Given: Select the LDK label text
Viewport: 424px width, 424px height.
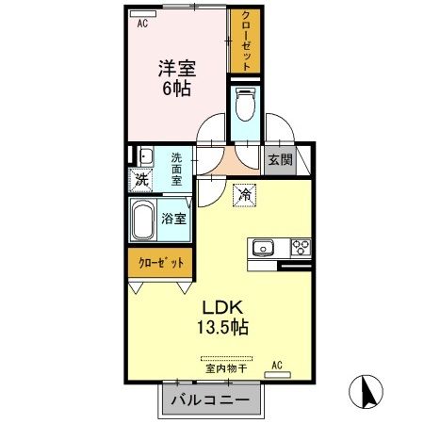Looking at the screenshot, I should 221,306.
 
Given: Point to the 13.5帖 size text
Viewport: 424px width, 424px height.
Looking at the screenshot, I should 221,328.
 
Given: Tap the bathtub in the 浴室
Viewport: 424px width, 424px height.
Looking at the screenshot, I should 144,220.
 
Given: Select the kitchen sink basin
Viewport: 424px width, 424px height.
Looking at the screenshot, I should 262,249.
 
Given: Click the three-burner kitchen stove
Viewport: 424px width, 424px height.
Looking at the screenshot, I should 301,249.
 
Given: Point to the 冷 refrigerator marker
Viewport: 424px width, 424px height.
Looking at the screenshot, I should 243,196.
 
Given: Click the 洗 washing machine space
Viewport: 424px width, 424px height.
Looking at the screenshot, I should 140,179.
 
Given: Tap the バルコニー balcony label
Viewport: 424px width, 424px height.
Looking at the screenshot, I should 210,400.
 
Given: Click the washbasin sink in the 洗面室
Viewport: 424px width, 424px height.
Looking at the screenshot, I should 144,157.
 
